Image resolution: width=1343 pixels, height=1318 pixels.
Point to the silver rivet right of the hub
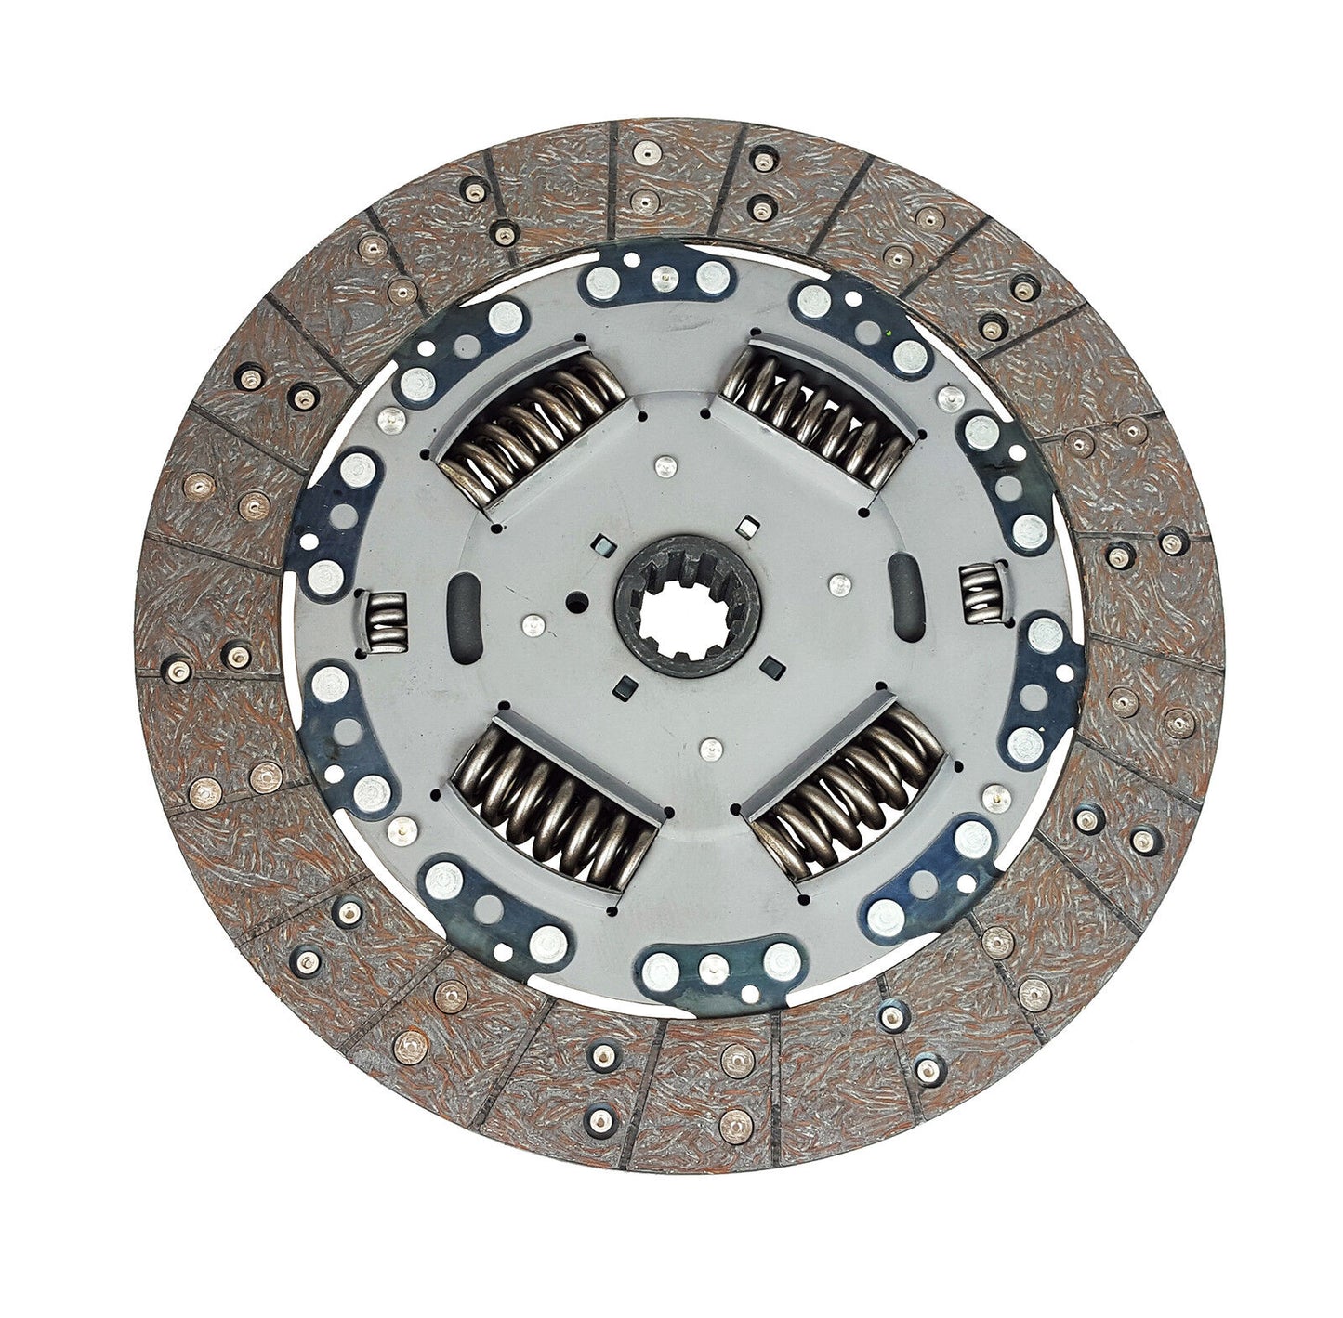point(839,584)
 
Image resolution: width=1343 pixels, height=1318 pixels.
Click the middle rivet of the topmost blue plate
point(665,275)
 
